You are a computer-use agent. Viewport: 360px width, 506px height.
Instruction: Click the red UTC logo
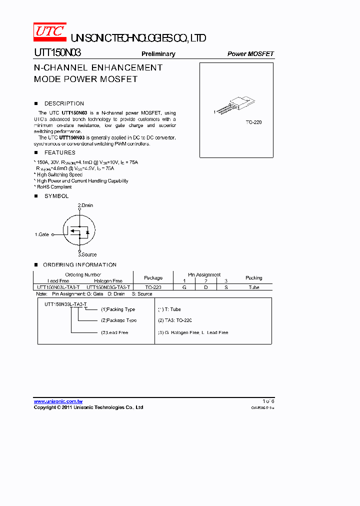[49, 31]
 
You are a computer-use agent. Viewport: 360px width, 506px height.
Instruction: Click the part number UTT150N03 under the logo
[57, 52]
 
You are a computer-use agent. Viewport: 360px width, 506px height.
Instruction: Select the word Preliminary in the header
[158, 54]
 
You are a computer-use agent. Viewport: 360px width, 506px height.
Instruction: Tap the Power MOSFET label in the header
[250, 54]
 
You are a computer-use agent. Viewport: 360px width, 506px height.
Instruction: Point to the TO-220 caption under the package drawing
[253, 122]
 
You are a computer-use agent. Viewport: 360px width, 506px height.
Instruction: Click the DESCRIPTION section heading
[64, 103]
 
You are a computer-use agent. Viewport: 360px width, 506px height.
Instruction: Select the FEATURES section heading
[60, 152]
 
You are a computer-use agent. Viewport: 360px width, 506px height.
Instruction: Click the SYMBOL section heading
[56, 196]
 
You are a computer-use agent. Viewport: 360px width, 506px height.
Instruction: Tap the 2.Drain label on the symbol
[85, 205]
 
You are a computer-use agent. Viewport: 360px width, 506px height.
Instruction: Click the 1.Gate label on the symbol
[42, 234]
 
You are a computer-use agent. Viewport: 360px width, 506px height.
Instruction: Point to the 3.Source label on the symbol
[87, 254]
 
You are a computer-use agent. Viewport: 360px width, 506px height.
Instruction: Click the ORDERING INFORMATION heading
[79, 264]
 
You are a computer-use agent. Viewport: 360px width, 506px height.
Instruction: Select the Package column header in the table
[153, 278]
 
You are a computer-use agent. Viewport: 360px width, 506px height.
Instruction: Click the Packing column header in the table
[253, 278]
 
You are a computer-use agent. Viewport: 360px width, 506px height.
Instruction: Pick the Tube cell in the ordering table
[253, 287]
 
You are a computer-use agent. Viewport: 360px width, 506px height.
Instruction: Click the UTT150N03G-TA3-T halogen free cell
[108, 287]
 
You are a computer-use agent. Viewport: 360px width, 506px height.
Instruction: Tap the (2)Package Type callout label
[118, 320]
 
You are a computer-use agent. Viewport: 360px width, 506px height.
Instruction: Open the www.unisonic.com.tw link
[58, 401]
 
